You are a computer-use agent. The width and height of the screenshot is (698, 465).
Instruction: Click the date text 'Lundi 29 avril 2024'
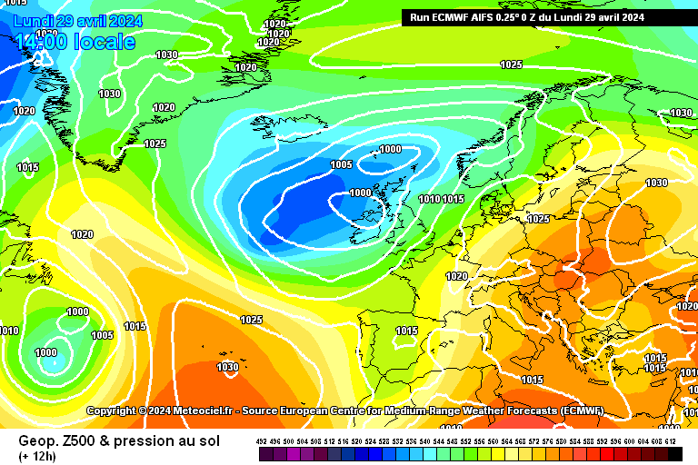(77, 20)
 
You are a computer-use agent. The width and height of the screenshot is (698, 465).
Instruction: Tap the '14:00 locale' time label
(75, 42)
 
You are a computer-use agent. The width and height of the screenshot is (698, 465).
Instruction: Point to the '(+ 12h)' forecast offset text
(37, 455)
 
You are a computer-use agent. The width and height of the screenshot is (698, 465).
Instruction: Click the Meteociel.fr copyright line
(345, 411)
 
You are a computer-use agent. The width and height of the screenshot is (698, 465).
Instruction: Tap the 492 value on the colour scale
(262, 441)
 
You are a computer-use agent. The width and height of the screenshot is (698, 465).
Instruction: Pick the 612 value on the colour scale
(671, 441)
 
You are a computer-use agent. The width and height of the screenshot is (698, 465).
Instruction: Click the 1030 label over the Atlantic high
(228, 367)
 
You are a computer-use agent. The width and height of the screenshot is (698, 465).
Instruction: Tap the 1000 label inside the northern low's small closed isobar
(391, 149)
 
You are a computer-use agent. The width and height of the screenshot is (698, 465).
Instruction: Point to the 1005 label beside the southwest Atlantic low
(103, 335)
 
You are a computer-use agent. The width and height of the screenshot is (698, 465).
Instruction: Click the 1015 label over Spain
(407, 331)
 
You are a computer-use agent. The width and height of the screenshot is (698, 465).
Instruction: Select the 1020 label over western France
(457, 276)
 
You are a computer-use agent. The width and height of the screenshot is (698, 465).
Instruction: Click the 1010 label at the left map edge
(9, 331)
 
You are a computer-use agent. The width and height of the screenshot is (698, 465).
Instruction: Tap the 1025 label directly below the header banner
(512, 64)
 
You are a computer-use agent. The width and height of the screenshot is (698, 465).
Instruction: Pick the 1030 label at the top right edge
(681, 113)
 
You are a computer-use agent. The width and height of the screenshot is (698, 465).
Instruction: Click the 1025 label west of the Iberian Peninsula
(252, 320)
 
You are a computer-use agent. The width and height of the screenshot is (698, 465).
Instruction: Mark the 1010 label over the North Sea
(430, 199)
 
